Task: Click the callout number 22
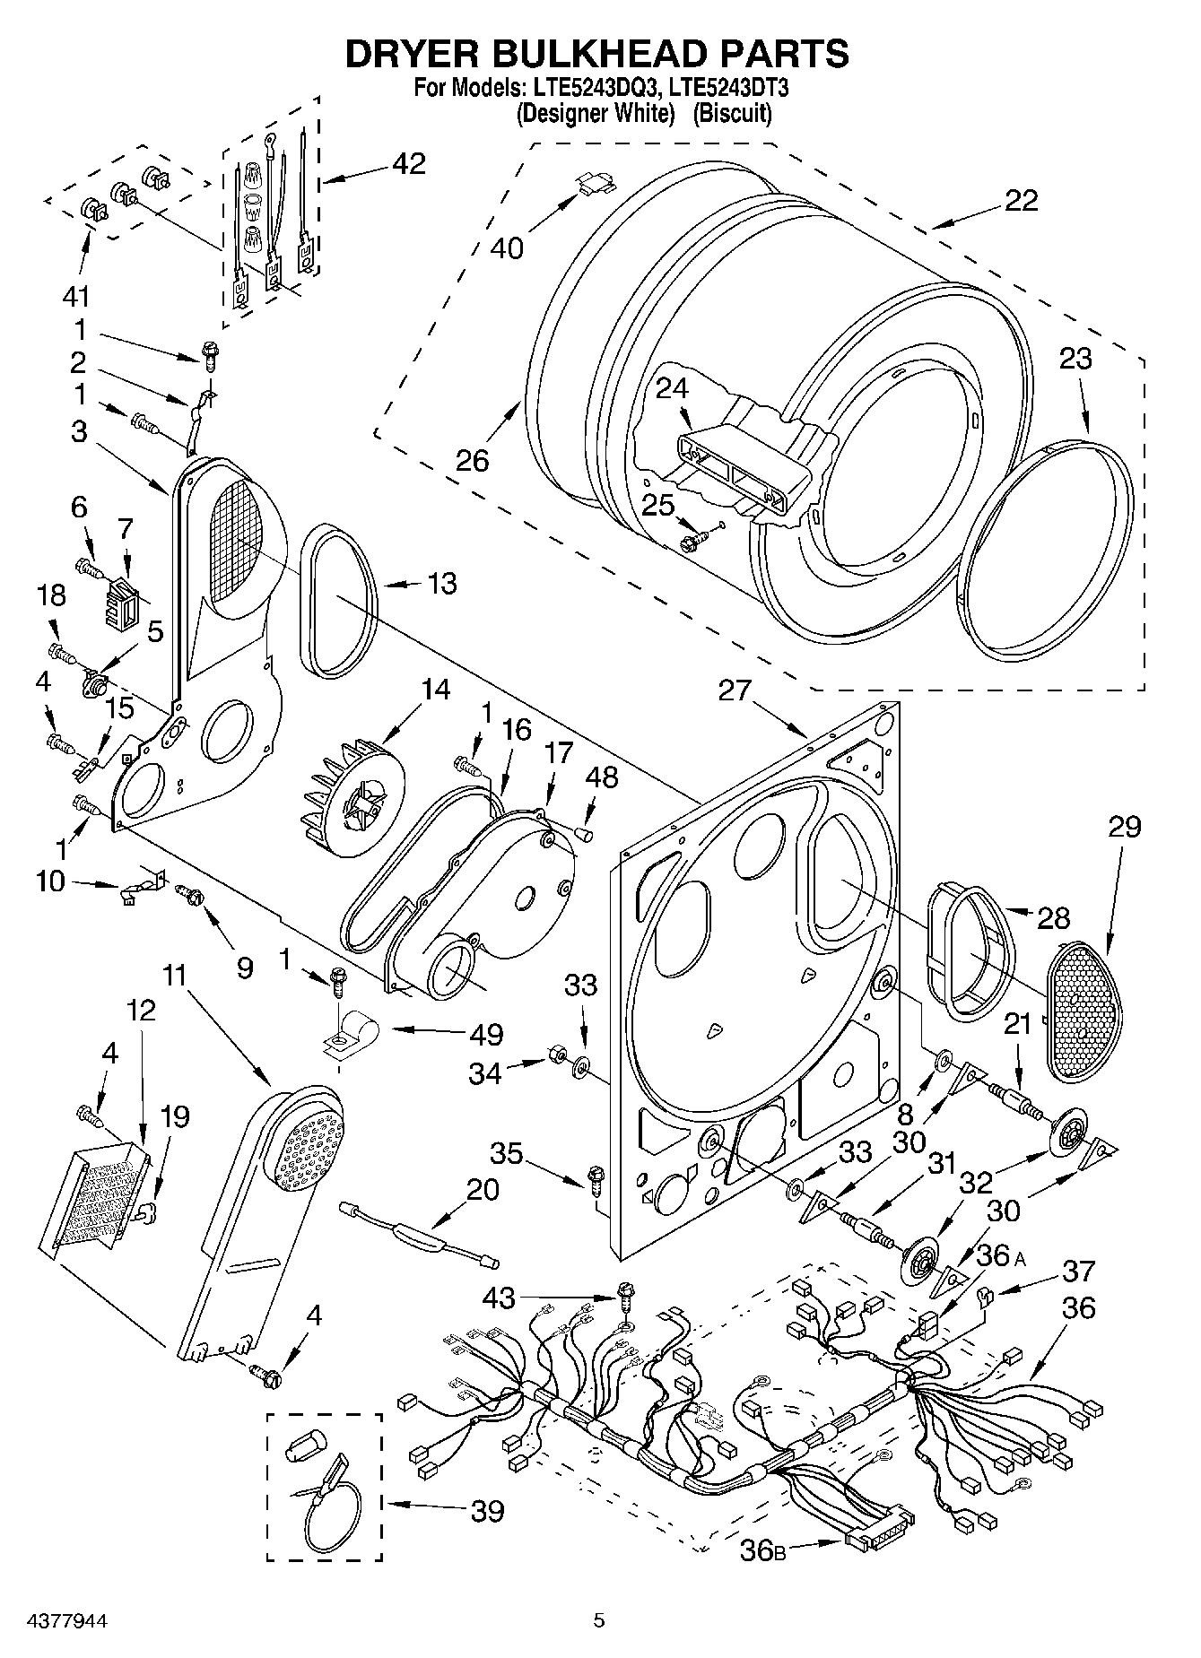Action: (1021, 200)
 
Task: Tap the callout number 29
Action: (1124, 825)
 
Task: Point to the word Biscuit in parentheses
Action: (733, 114)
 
